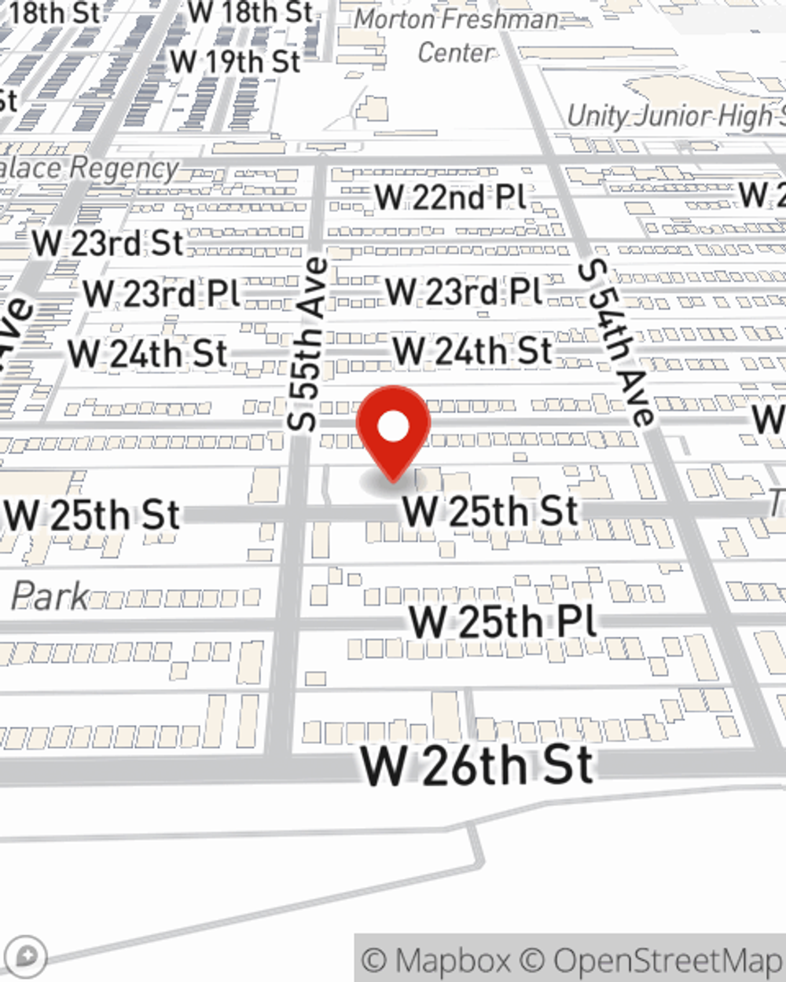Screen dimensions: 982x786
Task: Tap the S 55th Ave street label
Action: point(307,344)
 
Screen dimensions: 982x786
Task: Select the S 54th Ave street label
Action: point(616,343)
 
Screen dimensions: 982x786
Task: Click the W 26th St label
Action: point(476,765)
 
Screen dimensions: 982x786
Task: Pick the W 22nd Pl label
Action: point(450,196)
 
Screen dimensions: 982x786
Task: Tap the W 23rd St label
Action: point(108,243)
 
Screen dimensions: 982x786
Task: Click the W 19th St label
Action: point(235,61)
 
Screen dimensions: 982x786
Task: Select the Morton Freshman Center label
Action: point(456,35)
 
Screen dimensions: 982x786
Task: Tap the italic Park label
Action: point(49,596)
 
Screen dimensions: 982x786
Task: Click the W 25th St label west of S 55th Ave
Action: point(92,515)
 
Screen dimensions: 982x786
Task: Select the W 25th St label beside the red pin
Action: point(491,511)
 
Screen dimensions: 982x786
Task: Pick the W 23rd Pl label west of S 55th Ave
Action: point(161,294)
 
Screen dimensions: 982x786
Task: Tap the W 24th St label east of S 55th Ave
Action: point(472,350)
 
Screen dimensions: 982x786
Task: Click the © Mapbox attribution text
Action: point(436,960)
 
